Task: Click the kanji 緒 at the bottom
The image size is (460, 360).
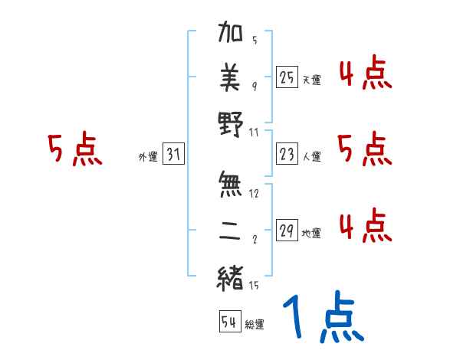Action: tap(231, 277)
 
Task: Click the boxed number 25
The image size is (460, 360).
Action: tap(287, 77)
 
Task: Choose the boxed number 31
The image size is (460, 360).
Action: tap(173, 155)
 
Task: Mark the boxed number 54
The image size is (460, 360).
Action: tap(229, 322)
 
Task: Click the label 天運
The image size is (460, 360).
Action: tap(311, 79)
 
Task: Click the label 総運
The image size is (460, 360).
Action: tap(254, 325)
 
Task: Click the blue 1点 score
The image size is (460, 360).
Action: tap(323, 317)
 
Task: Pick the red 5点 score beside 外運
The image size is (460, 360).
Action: tap(75, 149)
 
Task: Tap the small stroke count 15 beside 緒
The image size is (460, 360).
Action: tap(254, 286)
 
